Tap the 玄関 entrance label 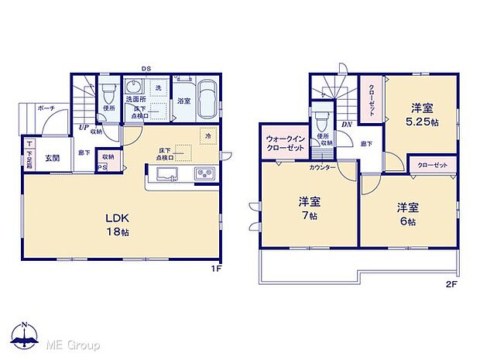52,158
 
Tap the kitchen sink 170,173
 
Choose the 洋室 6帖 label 408,213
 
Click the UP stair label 83,129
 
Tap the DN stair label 347,123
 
